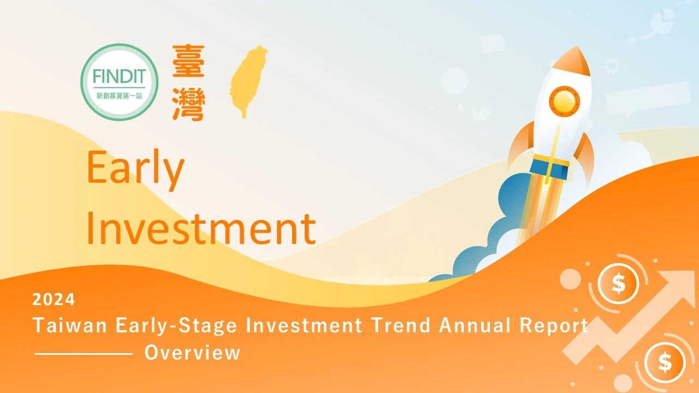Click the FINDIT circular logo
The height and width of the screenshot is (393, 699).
coord(120,82)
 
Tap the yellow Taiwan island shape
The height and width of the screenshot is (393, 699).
coord(248,82)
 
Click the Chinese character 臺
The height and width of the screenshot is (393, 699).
coord(188,61)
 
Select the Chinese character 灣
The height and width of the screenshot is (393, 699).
coord(188,104)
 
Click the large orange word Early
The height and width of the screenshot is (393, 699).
coord(135,170)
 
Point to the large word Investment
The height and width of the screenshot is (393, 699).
coord(202,229)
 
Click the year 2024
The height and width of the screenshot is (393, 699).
coord(54,300)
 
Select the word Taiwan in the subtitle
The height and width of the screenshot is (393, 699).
coord(70,325)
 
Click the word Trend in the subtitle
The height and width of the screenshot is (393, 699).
coord(401,325)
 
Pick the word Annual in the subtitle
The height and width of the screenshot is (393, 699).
coord(475,325)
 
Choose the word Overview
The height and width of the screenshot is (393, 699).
coord(192,353)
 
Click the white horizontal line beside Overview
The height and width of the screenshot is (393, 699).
coord(84,354)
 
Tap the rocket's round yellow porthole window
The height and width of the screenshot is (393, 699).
coord(564,102)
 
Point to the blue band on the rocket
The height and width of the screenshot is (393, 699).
coord(550,168)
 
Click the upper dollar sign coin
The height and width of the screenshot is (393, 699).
coord(618,283)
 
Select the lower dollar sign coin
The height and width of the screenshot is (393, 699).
coord(665,362)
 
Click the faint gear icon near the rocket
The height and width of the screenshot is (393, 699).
coord(612,66)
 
